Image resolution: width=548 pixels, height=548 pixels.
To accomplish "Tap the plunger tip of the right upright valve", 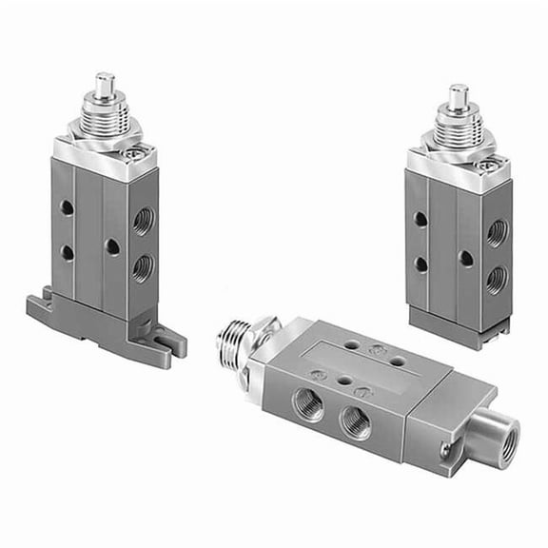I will [x=459, y=95].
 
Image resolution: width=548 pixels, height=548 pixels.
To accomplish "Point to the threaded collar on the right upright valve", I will [x=459, y=129].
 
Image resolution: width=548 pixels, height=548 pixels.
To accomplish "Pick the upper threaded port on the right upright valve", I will [x=495, y=232].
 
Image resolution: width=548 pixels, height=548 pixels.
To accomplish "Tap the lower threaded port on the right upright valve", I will [x=495, y=278].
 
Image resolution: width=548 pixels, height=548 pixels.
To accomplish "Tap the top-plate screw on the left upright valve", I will [x=140, y=150].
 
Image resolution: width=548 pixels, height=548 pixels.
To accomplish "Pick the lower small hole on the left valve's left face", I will [x=67, y=252].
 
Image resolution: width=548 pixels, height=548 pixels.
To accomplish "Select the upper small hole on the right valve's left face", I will [x=421, y=219].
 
